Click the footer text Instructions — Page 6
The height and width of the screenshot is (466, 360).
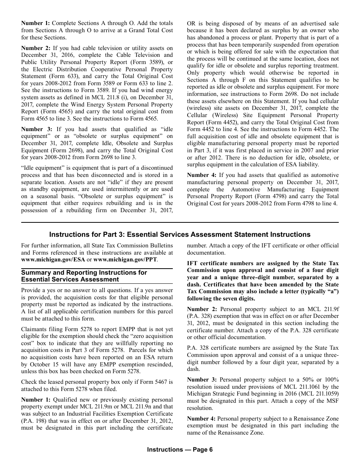tap(180, 450)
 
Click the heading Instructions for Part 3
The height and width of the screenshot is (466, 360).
tap(180, 235)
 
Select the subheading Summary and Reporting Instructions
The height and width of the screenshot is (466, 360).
tap(84, 276)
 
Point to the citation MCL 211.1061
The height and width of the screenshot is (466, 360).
tap(302, 387)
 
